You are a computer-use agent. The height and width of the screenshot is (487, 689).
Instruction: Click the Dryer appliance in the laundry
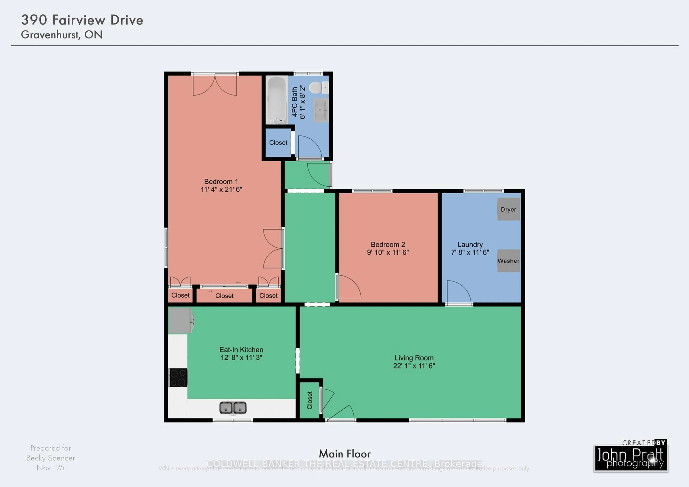click(x=508, y=209)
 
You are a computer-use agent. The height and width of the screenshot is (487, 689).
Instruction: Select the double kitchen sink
click(x=233, y=408)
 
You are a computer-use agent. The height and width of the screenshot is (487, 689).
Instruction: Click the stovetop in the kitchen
click(x=178, y=378)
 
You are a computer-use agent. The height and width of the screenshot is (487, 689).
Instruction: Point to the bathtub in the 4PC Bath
click(x=276, y=100)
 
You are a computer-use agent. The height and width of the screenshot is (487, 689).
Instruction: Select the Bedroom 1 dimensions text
click(x=221, y=189)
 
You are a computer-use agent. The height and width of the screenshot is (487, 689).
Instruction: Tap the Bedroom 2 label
click(x=388, y=245)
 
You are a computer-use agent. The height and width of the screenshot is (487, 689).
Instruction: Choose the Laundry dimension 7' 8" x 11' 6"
click(x=470, y=252)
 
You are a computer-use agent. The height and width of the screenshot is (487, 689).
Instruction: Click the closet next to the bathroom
click(x=278, y=142)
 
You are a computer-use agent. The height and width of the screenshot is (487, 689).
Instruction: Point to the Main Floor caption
click(x=344, y=454)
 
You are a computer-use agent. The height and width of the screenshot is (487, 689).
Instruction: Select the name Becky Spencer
click(x=50, y=458)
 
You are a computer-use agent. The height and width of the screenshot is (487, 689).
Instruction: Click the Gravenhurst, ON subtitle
click(x=62, y=35)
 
